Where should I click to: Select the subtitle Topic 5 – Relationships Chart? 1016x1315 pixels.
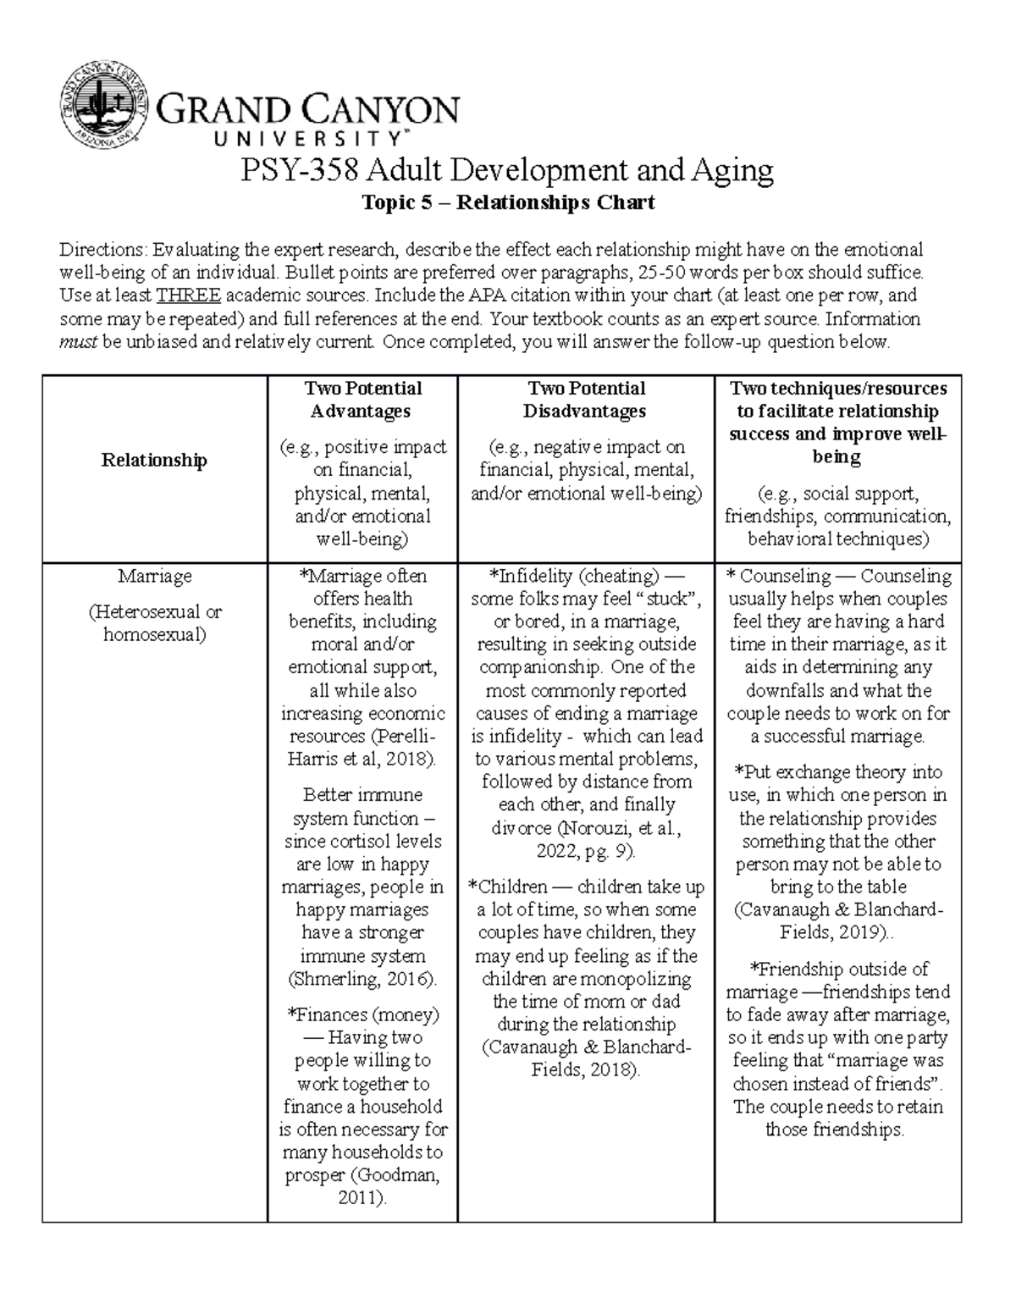[x=508, y=203]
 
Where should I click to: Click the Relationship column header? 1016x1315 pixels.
[x=154, y=460]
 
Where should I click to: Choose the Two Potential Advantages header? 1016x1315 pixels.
[x=362, y=400]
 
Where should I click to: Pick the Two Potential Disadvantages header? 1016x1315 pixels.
[x=585, y=400]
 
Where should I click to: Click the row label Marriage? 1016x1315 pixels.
[x=154, y=576]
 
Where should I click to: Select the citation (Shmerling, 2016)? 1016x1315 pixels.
[x=362, y=979]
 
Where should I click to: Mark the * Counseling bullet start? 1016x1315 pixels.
[x=767, y=576]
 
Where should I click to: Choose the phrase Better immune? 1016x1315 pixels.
[x=362, y=795]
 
